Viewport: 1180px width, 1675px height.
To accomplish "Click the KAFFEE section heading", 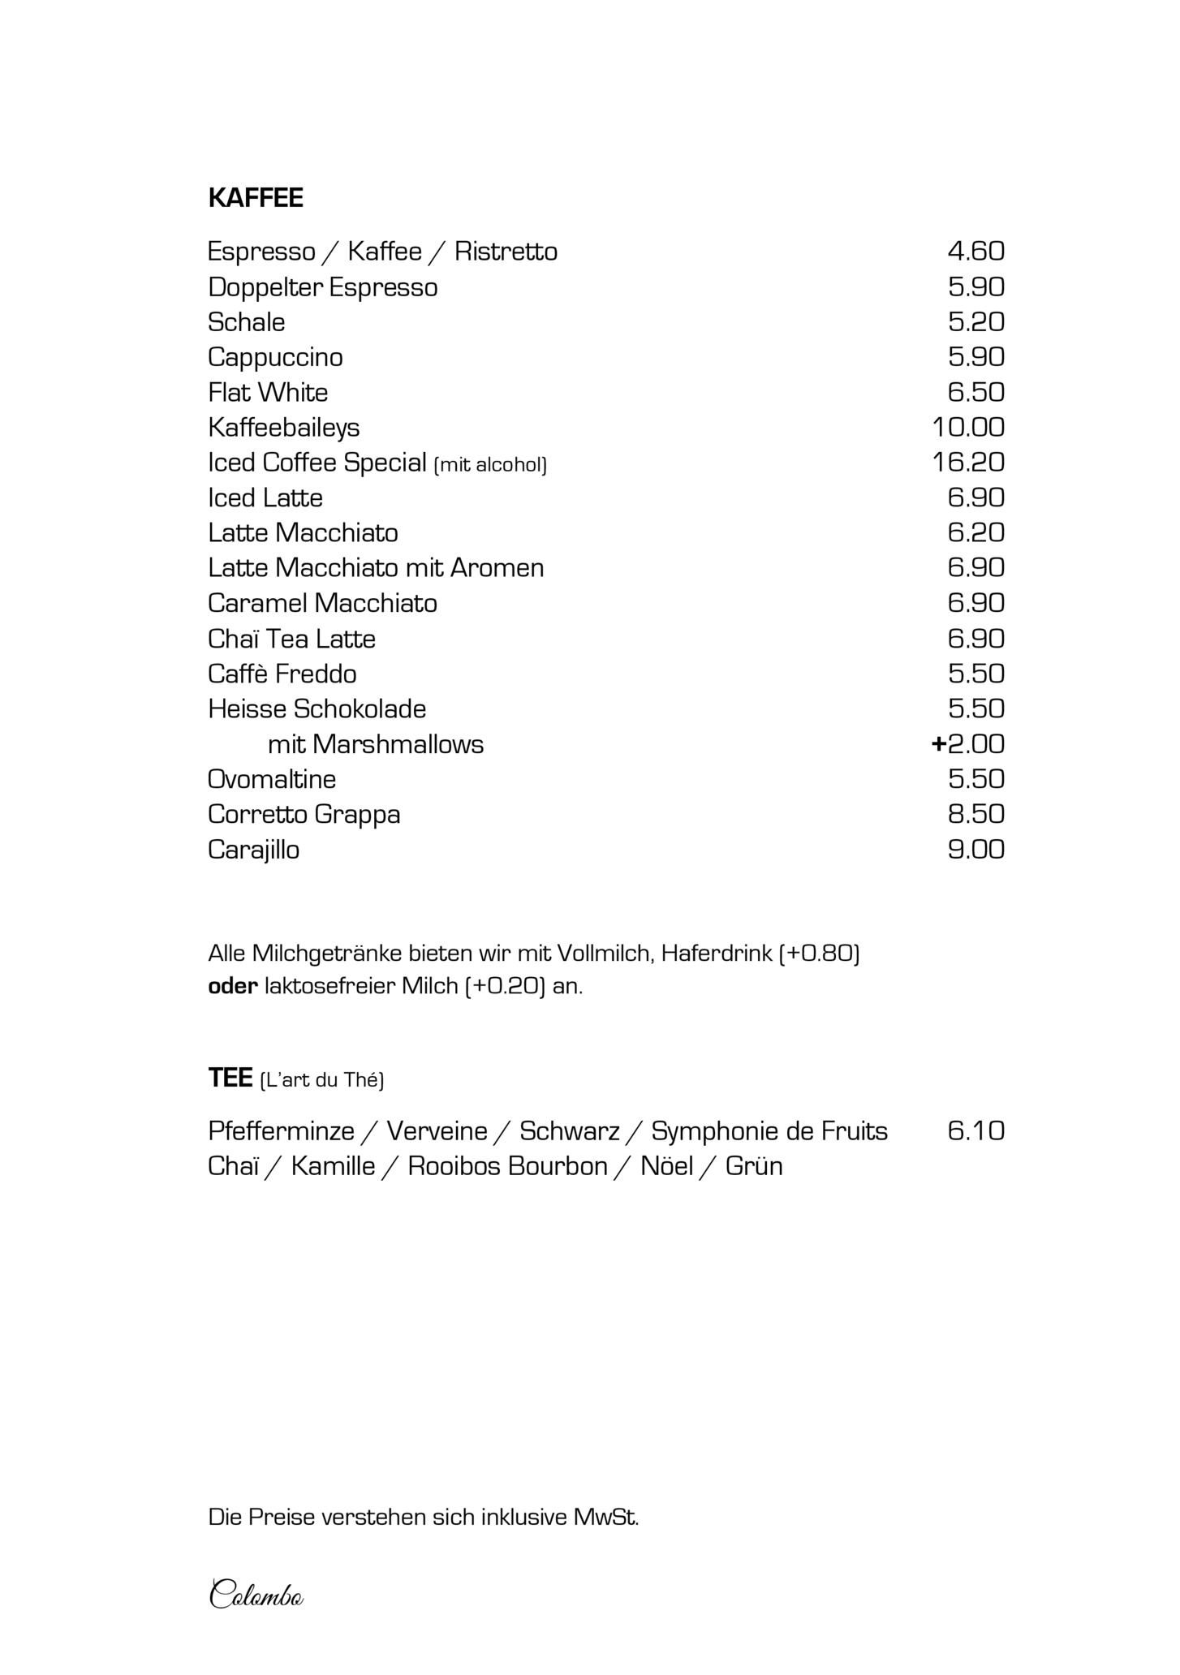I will (256, 198).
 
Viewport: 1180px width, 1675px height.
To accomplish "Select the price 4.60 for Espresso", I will (975, 252).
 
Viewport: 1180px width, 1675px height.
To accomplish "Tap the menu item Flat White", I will (268, 393).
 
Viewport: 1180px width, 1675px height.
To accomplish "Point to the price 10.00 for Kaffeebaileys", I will (968, 428).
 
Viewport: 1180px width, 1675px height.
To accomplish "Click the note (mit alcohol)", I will (491, 465).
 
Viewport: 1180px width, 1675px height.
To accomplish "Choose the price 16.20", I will (968, 463).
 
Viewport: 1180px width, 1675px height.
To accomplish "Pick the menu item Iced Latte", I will (265, 498).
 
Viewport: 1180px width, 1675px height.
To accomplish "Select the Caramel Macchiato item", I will (322, 604).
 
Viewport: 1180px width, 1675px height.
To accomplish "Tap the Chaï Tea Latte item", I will (291, 639).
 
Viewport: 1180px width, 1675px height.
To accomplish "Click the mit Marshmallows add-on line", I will (376, 745).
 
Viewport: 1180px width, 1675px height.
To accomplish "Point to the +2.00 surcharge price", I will (968, 744).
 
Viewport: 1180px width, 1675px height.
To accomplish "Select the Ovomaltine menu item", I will (272, 780).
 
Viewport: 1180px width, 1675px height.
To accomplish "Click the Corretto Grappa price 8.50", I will (975, 815).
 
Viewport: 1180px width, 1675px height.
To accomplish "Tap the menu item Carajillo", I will (253, 850).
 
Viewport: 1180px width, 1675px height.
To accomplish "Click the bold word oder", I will (232, 988).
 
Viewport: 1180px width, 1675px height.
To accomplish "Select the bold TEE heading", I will (230, 1079).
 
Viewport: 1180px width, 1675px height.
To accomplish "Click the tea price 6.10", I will (975, 1131).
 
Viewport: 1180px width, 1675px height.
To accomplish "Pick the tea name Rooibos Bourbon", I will (507, 1167).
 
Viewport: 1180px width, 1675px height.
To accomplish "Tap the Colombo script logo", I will (256, 1595).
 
